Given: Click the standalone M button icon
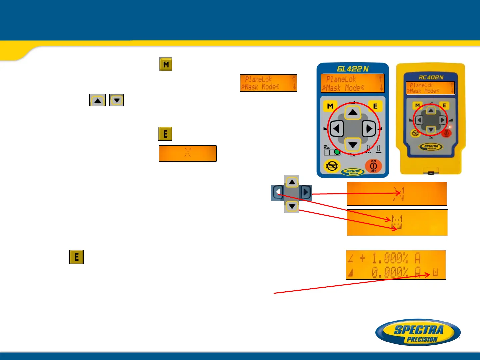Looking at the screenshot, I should click(x=166, y=64).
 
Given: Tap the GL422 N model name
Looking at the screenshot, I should click(x=353, y=69).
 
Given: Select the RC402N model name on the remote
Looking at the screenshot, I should click(x=431, y=77).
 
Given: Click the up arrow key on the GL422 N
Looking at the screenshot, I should click(x=353, y=112).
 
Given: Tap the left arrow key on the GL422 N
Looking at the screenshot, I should click(x=337, y=129).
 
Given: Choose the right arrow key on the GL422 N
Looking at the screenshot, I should click(x=369, y=129).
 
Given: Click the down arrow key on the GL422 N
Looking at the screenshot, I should click(x=353, y=145).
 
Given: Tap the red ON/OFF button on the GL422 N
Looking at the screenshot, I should click(x=373, y=166).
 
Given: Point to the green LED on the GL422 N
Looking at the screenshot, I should click(x=337, y=152).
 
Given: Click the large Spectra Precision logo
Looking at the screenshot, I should click(x=418, y=332).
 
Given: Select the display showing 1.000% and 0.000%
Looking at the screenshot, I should click(x=396, y=265).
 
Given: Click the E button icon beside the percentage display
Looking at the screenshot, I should click(x=76, y=257).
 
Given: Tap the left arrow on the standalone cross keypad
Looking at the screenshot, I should click(x=278, y=192).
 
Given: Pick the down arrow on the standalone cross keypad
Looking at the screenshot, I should click(x=292, y=207).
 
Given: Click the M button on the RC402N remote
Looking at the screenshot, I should click(x=417, y=106).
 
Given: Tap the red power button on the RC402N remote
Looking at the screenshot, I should click(x=446, y=133).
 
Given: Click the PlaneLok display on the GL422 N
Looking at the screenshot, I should click(x=352, y=83).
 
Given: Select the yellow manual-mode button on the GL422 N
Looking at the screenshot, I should click(x=332, y=166).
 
